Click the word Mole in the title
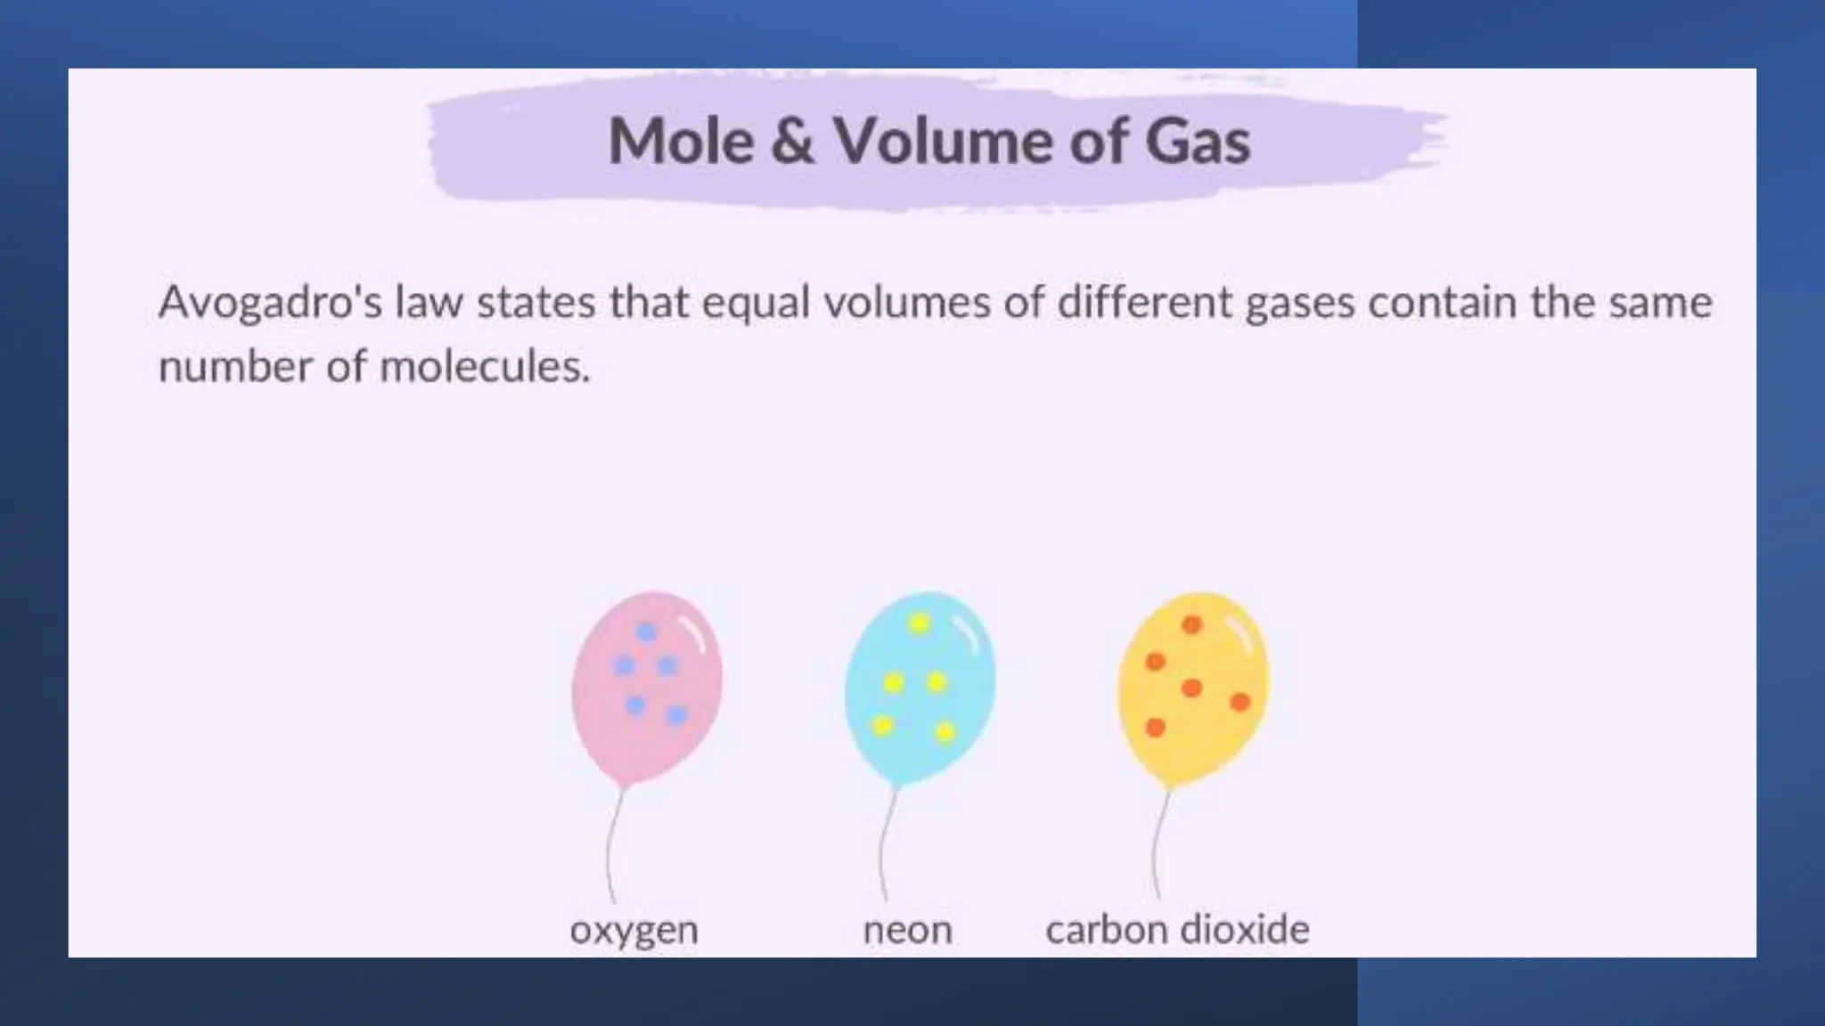coord(681,142)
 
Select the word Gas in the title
coord(1198,142)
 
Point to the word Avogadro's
coord(270,303)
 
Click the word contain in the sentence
coord(1442,303)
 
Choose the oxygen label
coord(634,931)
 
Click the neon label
coord(907,931)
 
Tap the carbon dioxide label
coord(1177,931)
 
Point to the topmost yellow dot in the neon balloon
coord(920,623)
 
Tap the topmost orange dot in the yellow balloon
coord(1191,624)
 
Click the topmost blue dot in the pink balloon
coord(647,632)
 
